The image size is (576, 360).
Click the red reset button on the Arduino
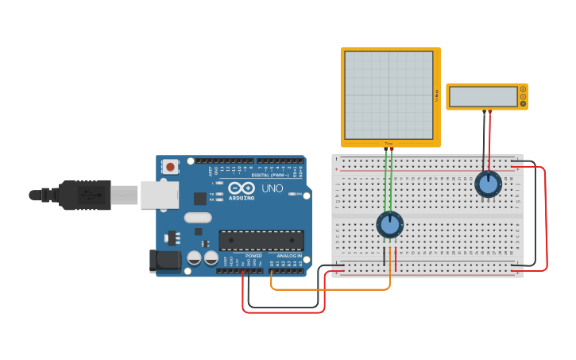click(170, 167)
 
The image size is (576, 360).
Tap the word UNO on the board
click(273, 189)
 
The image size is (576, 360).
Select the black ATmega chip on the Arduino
click(261, 240)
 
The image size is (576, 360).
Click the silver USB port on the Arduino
click(159, 195)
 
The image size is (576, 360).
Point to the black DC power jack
click(165, 260)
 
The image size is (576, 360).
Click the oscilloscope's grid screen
click(389, 95)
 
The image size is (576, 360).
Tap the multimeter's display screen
click(483, 97)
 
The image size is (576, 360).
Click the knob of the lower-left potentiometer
click(390, 225)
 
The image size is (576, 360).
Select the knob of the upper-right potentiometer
click(488, 184)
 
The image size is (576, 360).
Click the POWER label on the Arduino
click(253, 256)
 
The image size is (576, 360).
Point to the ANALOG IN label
click(288, 256)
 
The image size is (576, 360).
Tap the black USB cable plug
click(83, 195)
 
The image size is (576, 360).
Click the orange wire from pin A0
click(334, 289)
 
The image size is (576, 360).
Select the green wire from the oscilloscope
click(386, 183)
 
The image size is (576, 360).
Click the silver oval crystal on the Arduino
click(198, 218)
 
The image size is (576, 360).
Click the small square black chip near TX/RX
click(200, 198)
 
